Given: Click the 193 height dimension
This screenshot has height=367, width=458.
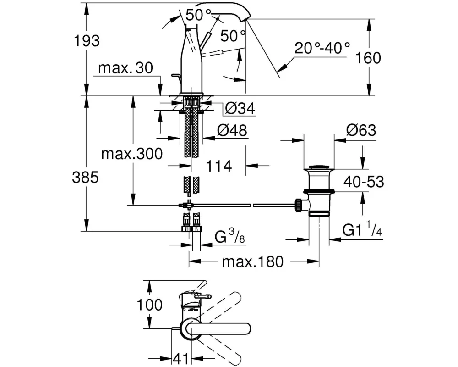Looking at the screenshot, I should tap(87, 40).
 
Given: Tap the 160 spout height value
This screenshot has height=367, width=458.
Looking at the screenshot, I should tap(368, 58).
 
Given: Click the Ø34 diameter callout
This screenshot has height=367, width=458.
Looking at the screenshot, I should tap(240, 109).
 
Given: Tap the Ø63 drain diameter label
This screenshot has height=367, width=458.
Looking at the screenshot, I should tap(361, 131).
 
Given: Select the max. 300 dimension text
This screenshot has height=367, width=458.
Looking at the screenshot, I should tap(132, 154).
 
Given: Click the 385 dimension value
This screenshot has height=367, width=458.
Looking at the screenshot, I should tap(86, 178).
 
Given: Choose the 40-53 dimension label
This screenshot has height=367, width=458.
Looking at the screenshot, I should tap(364, 182).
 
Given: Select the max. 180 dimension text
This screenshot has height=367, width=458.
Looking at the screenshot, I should tap(253, 262).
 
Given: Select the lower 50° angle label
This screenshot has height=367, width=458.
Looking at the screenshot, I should tap(233, 34).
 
